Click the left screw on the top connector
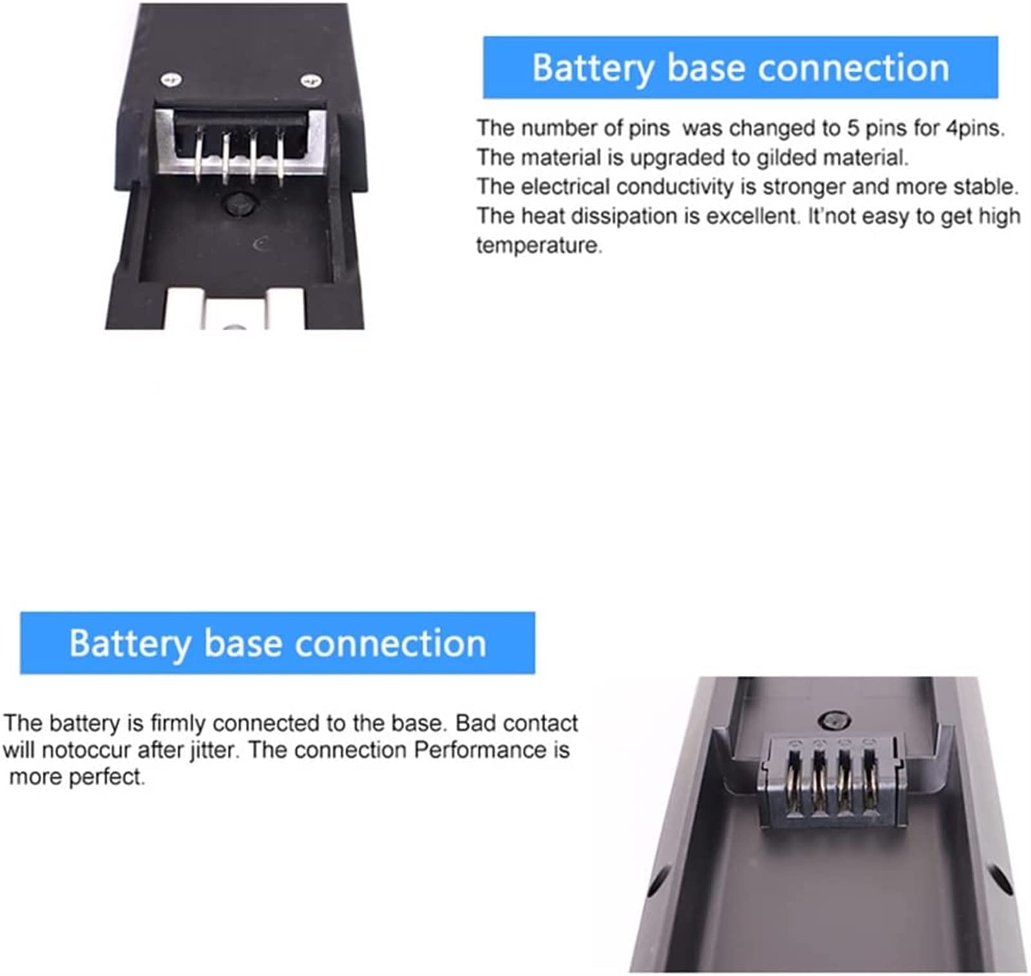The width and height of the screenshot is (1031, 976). click(171, 80)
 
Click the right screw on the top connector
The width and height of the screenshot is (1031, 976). click(310, 81)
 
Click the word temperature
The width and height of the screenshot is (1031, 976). click(539, 245)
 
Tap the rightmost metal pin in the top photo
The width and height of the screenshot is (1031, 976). click(281, 158)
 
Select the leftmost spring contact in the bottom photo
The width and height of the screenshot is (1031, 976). click(795, 780)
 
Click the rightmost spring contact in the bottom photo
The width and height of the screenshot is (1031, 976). click(869, 780)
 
